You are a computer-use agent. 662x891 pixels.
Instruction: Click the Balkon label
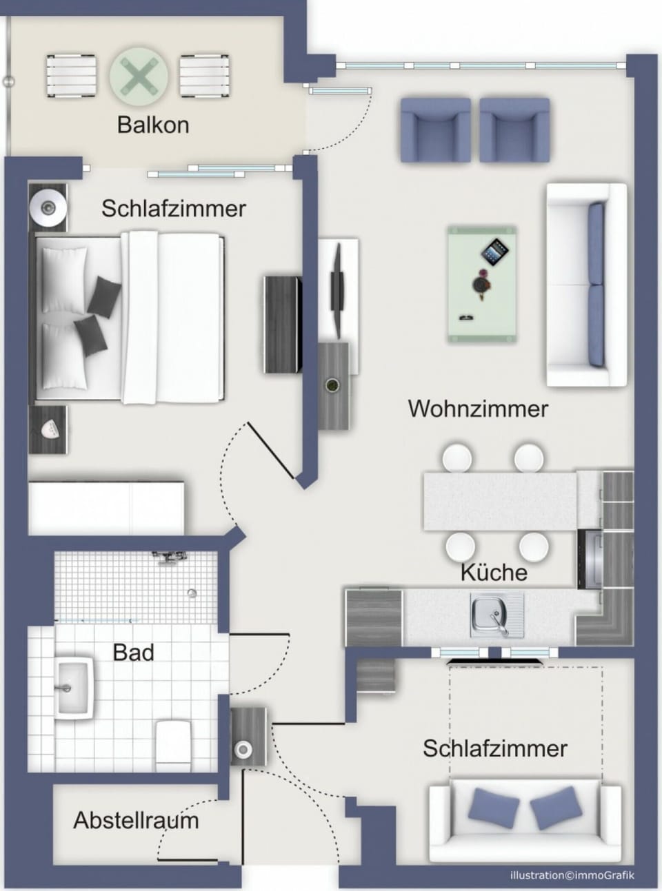(153, 125)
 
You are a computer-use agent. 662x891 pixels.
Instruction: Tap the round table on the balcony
(139, 76)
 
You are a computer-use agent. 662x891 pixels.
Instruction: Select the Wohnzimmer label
(478, 409)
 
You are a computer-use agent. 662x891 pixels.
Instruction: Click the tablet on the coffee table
(494, 252)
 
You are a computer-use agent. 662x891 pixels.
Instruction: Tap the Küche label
(494, 573)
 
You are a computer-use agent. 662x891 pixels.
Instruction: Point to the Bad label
(133, 653)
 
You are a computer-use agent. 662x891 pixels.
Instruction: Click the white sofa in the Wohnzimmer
(586, 285)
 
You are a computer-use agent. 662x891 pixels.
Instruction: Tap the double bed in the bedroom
(130, 318)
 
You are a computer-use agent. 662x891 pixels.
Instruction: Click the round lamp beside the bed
(48, 207)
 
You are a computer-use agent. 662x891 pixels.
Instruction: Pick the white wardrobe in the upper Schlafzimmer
(106, 508)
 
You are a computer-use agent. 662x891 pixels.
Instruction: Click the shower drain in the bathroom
(192, 593)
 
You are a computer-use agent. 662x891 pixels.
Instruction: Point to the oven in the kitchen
(590, 559)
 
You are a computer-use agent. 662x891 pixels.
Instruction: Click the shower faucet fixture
(170, 558)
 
